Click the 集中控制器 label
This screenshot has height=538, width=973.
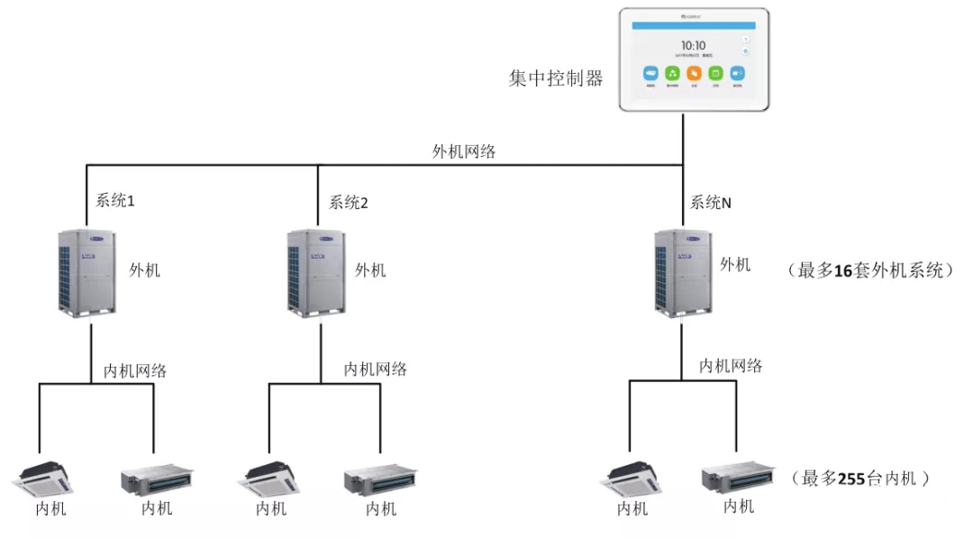pyautogui.click(x=555, y=78)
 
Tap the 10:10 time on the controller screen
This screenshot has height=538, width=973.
pyautogui.click(x=693, y=44)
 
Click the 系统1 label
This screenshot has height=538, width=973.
pyautogui.click(x=115, y=201)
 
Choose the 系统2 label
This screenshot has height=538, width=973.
pyautogui.click(x=349, y=202)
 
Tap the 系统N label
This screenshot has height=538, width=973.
pyautogui.click(x=711, y=203)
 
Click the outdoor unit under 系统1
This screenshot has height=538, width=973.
pyautogui.click(x=89, y=271)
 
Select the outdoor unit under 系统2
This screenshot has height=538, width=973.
pyautogui.click(x=317, y=271)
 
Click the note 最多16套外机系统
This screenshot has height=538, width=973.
pyautogui.click(x=870, y=269)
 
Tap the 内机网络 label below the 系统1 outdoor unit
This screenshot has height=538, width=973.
pyautogui.click(x=135, y=369)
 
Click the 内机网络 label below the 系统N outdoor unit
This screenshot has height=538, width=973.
pyautogui.click(x=732, y=365)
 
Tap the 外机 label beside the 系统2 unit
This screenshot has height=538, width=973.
pyautogui.click(x=370, y=269)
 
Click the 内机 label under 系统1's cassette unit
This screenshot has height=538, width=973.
pyautogui.click(x=50, y=508)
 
